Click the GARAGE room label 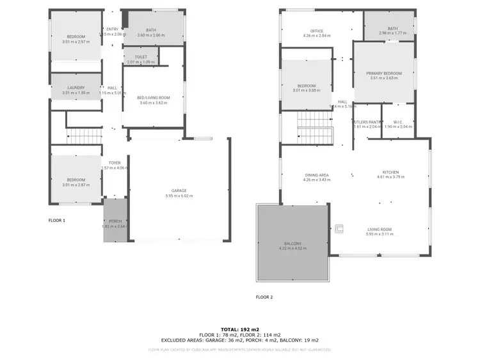(x=178, y=191)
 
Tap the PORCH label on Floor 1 (x=116, y=222)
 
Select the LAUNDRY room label (x=76, y=88)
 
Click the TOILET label (x=141, y=57)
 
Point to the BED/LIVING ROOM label (x=152, y=97)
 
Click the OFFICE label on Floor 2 (x=316, y=31)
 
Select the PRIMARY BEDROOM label (x=384, y=74)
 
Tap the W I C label (x=398, y=121)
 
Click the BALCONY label (x=292, y=243)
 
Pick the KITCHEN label (x=390, y=173)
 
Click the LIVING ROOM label (x=380, y=230)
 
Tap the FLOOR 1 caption (x=57, y=220)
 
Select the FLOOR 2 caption (x=264, y=297)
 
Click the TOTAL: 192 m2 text (x=239, y=327)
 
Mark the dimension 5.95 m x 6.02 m (x=178, y=196)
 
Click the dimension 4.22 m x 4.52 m (x=292, y=248)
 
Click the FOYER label (x=115, y=162)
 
